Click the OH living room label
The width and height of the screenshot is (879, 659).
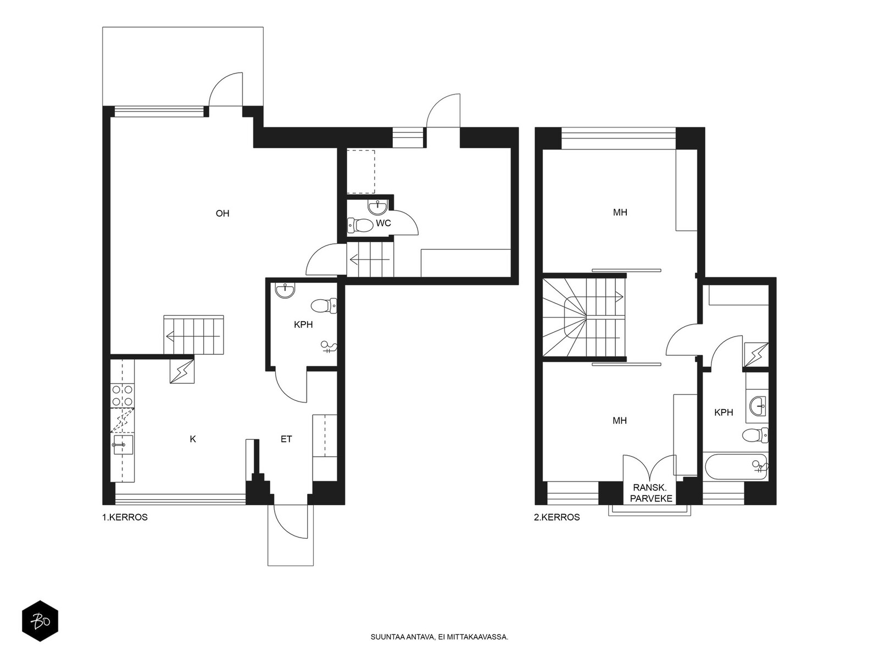[x=222, y=213]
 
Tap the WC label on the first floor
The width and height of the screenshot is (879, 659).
[x=383, y=224]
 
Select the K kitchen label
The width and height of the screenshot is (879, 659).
[x=193, y=439]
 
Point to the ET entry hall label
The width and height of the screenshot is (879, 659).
[x=286, y=439]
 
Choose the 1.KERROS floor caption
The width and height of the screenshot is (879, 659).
[x=125, y=517]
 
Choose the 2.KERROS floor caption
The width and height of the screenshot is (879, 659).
[x=557, y=517]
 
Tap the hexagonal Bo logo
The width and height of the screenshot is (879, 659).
[x=40, y=621]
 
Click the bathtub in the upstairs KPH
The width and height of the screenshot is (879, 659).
[x=735, y=467]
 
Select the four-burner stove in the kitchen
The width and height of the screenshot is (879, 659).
[x=122, y=395]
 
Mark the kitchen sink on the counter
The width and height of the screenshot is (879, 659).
[x=123, y=444]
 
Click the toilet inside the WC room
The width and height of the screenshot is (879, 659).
[x=360, y=226]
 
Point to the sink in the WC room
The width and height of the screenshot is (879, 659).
[x=377, y=207]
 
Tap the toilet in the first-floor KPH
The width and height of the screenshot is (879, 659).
[x=324, y=306]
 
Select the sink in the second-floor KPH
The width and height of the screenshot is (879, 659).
[x=758, y=406]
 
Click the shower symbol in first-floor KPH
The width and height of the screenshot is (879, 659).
[x=329, y=347]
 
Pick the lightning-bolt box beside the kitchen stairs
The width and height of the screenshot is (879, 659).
[x=182, y=371]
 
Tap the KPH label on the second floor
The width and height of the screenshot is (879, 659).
[x=724, y=412]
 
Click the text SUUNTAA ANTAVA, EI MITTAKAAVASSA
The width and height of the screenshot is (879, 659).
[x=439, y=637]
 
